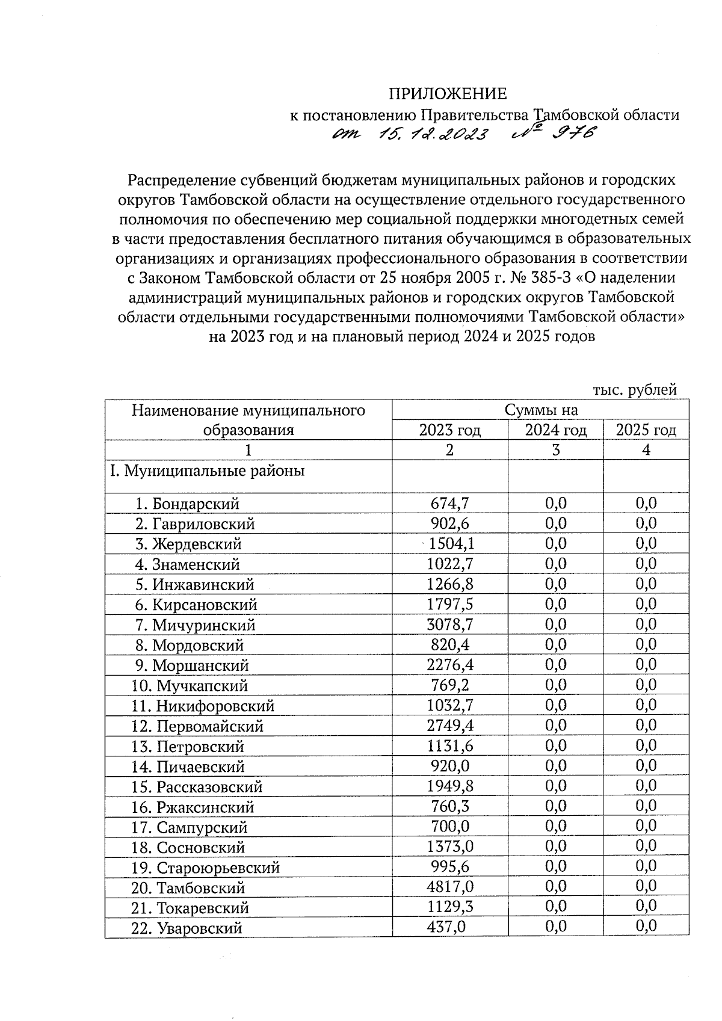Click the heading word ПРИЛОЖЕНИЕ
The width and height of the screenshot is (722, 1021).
click(x=447, y=94)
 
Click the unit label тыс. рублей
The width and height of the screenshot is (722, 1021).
click(x=635, y=389)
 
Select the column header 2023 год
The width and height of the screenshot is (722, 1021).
click(x=449, y=430)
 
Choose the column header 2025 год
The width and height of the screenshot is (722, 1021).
click(x=646, y=430)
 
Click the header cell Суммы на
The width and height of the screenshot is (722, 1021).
click(x=541, y=410)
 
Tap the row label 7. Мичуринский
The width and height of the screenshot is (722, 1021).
click(x=196, y=625)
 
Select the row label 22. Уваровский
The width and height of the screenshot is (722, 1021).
click(x=187, y=928)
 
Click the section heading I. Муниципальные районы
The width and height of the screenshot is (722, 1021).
click(x=206, y=470)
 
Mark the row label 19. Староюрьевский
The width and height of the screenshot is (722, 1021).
click(x=205, y=868)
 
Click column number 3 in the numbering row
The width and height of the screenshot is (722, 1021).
click(x=555, y=450)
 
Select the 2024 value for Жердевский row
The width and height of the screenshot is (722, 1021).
click(x=556, y=544)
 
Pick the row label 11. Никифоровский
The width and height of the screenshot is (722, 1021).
click(x=203, y=706)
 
